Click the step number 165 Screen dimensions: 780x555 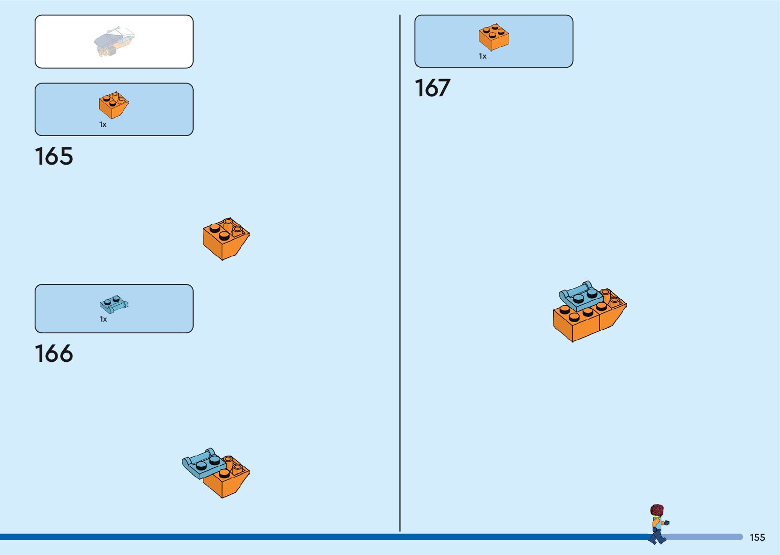(x=54, y=156)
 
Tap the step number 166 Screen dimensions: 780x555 (x=54, y=354)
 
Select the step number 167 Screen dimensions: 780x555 (x=433, y=88)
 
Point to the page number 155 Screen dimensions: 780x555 (x=757, y=538)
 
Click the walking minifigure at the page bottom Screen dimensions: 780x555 (x=658, y=525)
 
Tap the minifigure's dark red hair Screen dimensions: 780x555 (x=657, y=510)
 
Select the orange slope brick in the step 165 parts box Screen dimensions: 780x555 (x=114, y=104)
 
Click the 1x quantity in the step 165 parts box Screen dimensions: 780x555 (x=103, y=125)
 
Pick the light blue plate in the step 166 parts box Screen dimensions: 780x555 (x=114, y=304)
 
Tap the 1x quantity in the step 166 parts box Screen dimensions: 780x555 (x=103, y=320)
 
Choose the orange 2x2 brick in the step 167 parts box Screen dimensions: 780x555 (x=494, y=37)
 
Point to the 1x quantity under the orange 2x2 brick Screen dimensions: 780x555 (x=482, y=57)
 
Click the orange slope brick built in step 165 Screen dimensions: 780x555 (x=225, y=239)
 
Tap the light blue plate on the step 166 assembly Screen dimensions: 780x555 (x=203, y=464)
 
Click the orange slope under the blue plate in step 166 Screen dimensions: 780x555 (x=228, y=482)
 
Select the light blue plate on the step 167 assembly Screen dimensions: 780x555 (x=580, y=296)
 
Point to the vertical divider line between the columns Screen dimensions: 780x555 (x=400, y=275)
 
